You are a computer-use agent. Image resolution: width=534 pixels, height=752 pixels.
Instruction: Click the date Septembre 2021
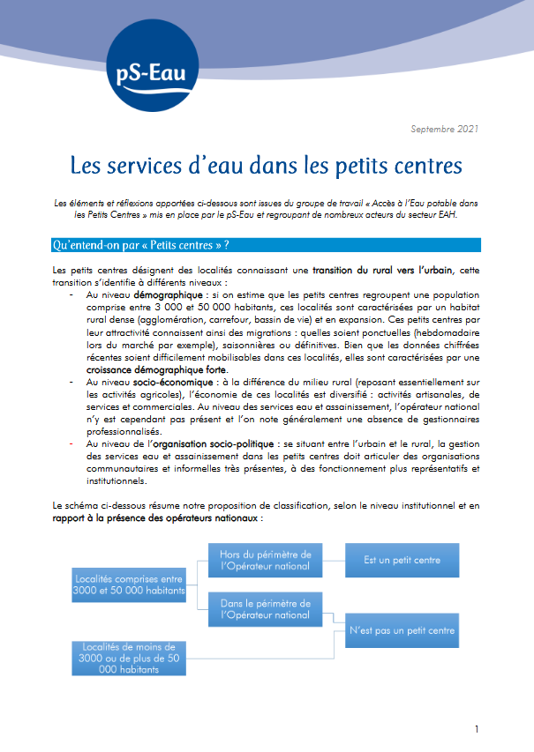[445, 130]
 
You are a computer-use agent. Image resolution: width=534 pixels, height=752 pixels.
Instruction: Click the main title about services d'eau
[267, 165]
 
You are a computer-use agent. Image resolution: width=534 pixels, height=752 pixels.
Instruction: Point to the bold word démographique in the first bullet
[168, 292]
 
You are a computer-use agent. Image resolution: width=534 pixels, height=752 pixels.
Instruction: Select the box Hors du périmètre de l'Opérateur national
[265, 560]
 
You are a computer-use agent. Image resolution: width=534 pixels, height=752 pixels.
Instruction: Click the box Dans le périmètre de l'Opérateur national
[265, 609]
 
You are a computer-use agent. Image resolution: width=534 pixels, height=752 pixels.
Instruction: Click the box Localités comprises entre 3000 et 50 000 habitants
[130, 583]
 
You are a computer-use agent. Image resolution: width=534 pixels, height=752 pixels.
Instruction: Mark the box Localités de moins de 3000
[129, 658]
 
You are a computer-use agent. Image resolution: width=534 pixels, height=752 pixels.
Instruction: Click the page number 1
[477, 729]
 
